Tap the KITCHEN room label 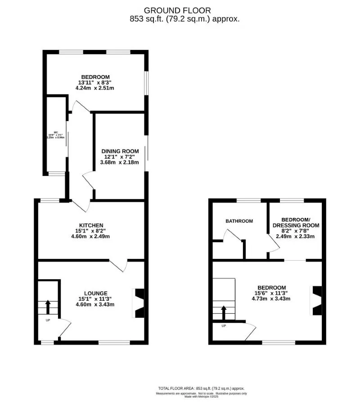point(91,225)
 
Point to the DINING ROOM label point(120,151)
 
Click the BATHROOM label point(239,221)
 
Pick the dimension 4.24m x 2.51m point(94,88)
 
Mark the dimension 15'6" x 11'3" point(271,293)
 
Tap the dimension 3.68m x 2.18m point(120,163)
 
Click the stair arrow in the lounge point(48,307)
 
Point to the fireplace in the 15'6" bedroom point(317,301)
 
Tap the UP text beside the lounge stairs point(48,320)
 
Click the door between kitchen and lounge point(119,265)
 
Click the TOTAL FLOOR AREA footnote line point(201,388)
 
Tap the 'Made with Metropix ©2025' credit point(201,396)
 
